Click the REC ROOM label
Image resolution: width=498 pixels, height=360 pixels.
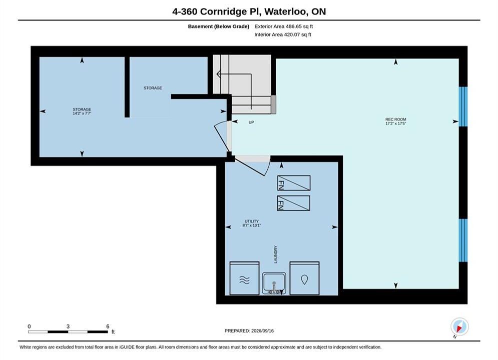pos(396,121)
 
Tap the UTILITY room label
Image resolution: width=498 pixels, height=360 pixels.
pos(252,223)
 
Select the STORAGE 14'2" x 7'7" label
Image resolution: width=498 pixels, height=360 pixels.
pos(82,111)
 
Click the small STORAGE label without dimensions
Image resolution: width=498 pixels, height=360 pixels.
pos(153,88)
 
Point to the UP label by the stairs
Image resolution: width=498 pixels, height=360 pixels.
pos(251,122)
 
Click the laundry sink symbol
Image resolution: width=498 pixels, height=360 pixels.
pos(274,283)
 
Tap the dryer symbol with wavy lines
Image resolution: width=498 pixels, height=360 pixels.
pos(244,278)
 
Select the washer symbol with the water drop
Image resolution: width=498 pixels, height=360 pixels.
pos(304,278)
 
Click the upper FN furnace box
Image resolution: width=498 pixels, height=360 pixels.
pos(294,183)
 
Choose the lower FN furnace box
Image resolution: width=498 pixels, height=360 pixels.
pos(293,203)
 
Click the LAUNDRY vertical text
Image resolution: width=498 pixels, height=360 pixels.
pos(276,254)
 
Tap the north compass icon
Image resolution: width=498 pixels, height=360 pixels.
pos(459,326)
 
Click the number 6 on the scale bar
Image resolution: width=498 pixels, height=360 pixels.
pos(108,326)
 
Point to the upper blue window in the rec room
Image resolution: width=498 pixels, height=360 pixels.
pos(463,106)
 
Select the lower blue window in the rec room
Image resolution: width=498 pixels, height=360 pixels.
pos(463,240)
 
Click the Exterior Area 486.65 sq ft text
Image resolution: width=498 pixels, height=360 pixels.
pos(284,26)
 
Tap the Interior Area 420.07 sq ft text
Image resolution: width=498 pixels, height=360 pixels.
pos(283,34)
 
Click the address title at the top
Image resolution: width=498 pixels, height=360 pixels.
pos(249,11)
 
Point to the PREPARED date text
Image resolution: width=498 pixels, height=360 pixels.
pos(249,331)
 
